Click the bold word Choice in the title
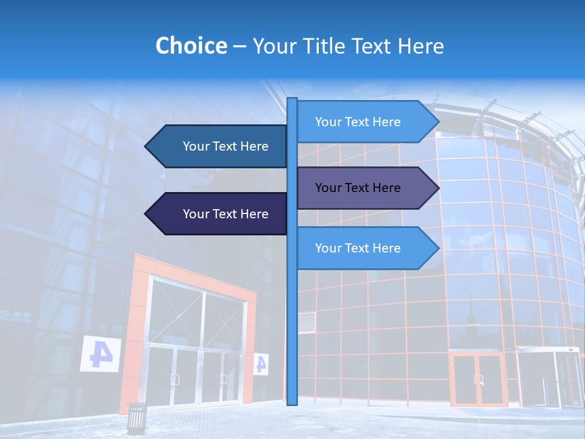(x=191, y=46)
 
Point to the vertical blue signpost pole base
(x=292, y=399)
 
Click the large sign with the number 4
(x=100, y=354)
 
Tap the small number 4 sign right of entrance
(x=261, y=364)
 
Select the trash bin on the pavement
(x=136, y=418)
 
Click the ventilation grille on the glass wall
(x=308, y=321)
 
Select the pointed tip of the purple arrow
(x=438, y=188)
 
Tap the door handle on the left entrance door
(x=175, y=379)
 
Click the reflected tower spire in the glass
(x=470, y=311)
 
